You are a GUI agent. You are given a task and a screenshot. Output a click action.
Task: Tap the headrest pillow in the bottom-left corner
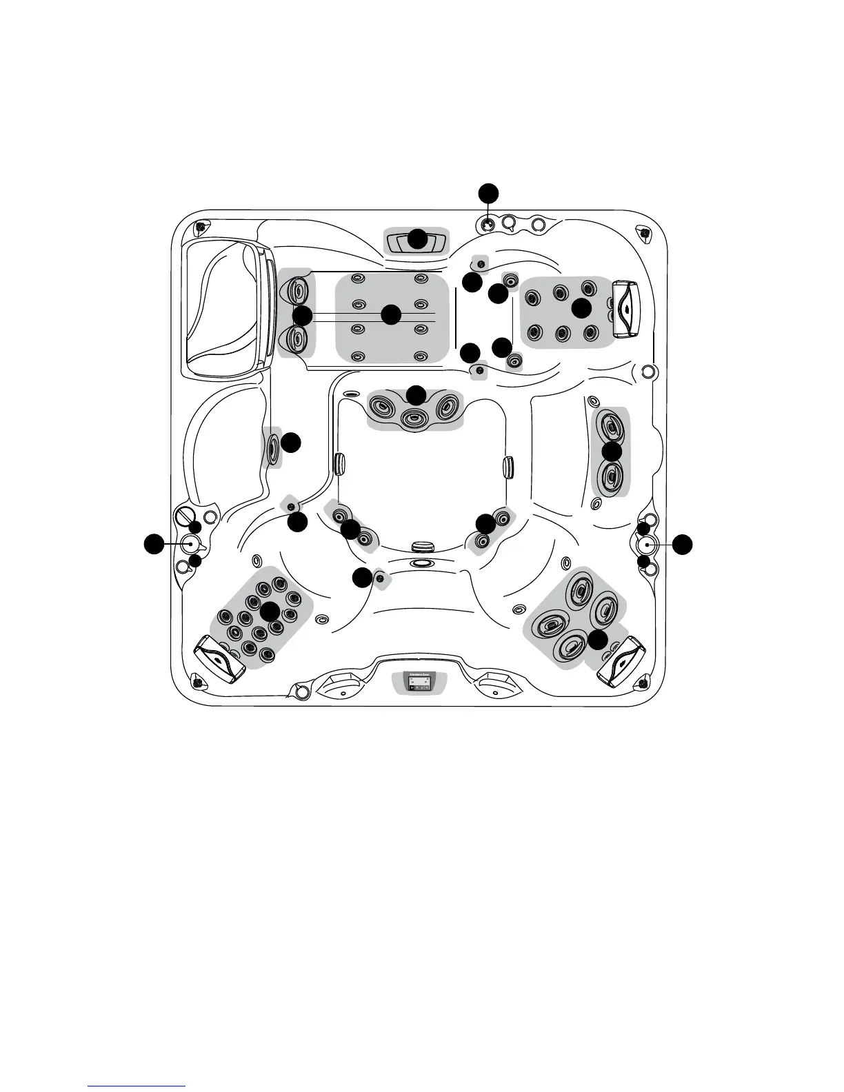tap(220, 659)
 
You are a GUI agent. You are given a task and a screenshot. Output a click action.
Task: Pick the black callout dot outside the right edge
tap(683, 543)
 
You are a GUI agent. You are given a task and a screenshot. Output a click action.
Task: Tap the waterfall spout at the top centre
tap(417, 242)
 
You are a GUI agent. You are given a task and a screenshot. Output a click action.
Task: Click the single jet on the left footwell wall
tap(272, 447)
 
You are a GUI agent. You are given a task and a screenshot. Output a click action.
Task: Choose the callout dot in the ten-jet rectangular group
tap(392, 314)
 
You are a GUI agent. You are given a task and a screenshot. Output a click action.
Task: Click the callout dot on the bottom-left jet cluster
tap(270, 610)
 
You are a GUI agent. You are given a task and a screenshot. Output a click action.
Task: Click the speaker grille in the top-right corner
tap(645, 233)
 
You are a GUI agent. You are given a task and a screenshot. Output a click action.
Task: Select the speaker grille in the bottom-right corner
tap(643, 682)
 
